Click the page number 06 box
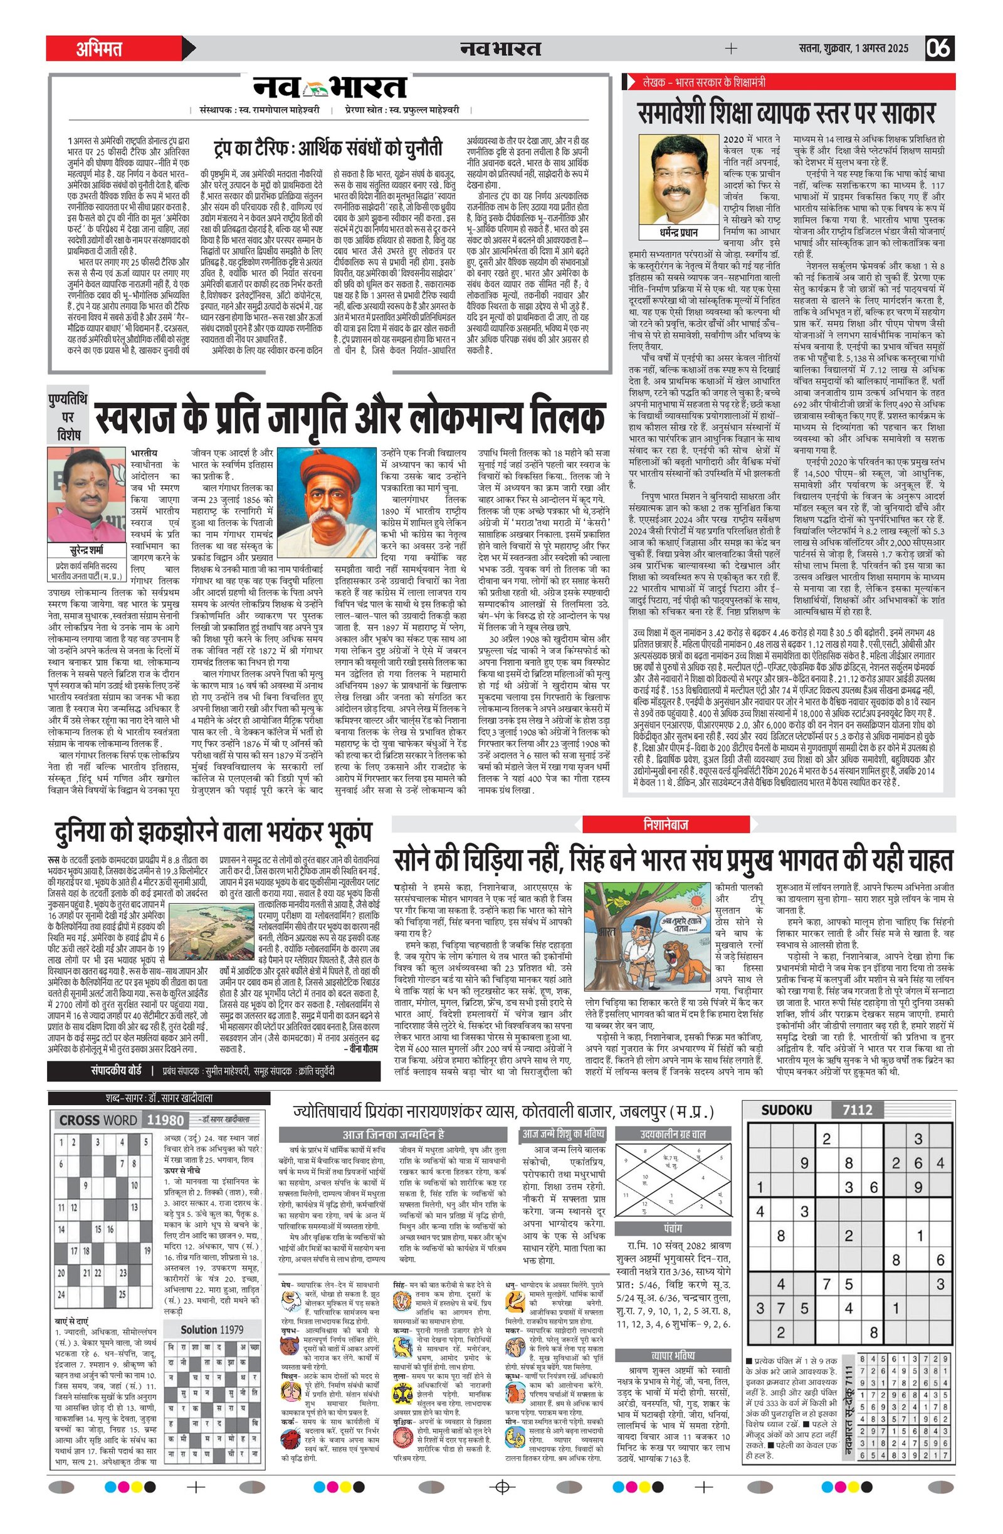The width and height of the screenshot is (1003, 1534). click(x=939, y=48)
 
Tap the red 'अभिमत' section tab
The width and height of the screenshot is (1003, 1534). click(x=100, y=48)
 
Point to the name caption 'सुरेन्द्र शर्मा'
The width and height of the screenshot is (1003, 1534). click(x=87, y=550)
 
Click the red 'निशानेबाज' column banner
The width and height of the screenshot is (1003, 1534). click(x=666, y=824)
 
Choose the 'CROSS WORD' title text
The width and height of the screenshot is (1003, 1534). click(x=98, y=1120)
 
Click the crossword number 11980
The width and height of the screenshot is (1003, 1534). click(x=165, y=1120)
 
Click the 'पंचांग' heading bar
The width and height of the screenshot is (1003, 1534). click(x=673, y=1228)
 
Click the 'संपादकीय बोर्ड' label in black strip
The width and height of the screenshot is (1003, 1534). click(x=115, y=1071)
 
